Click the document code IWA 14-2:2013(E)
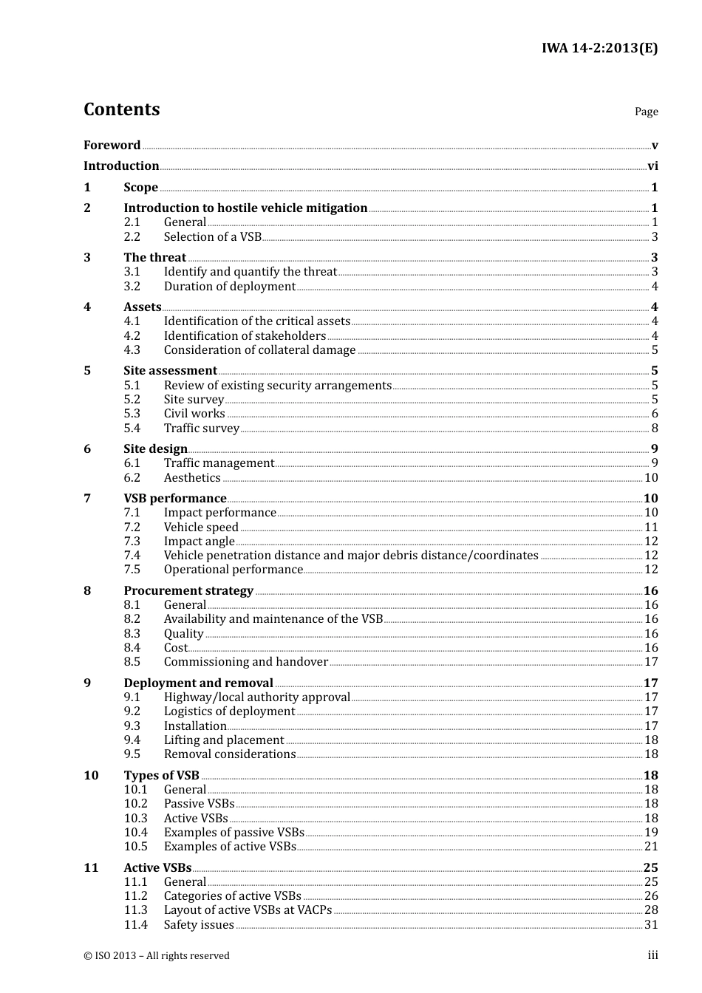599,49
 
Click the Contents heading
122,109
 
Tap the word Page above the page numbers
646,112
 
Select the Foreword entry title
112,145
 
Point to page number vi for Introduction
652,166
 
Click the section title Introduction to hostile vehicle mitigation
245,208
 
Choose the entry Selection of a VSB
213,237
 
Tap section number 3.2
132,287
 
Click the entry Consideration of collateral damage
259,350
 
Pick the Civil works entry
194,414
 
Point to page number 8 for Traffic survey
655,429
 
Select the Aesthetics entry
192,478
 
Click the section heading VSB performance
175,499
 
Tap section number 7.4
132,556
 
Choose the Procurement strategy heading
188,591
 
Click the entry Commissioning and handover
246,662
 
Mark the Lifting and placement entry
224,740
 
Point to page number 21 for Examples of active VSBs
651,847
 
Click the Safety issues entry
199,925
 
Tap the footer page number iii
653,955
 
